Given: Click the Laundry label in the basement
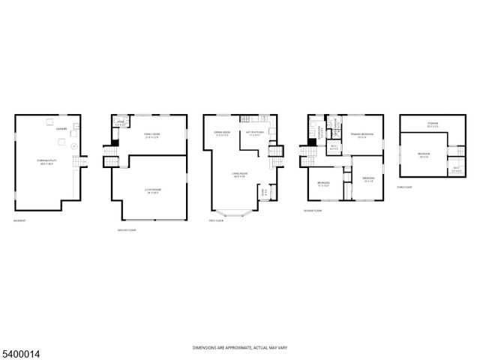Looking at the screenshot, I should pos(61,128).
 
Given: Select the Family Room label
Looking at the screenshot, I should pos(152,135).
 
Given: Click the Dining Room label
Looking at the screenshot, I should pos(223,134).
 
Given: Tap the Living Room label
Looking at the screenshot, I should pos(239,175).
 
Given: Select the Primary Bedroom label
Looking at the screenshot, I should pos(361,135).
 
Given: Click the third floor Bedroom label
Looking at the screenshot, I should pos(424,155).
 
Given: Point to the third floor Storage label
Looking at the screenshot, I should pos(433,124).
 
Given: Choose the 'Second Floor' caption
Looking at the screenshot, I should pos(313,211).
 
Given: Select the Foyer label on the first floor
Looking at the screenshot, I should pos(262,192).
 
